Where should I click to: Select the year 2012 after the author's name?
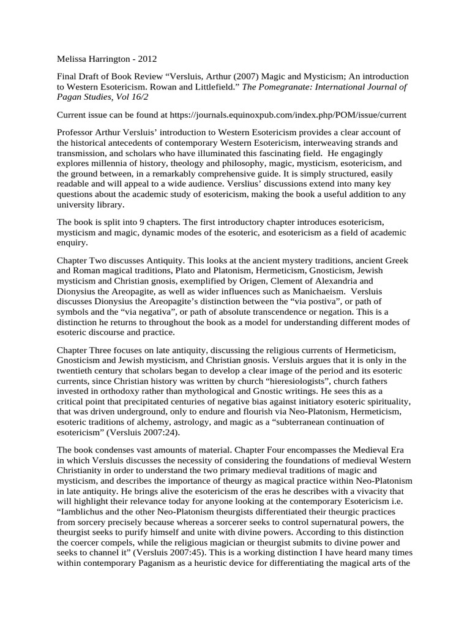coord(147,59)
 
